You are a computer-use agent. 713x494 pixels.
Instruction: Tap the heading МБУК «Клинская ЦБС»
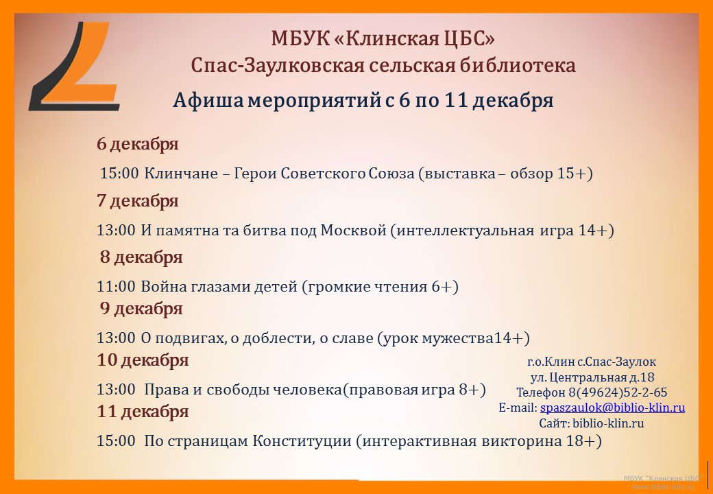pyautogui.click(x=383, y=38)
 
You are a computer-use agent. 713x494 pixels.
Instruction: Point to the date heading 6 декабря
pyautogui.click(x=137, y=144)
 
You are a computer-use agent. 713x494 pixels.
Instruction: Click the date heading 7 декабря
pyautogui.click(x=137, y=200)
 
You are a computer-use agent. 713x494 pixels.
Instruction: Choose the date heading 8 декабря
pyautogui.click(x=141, y=257)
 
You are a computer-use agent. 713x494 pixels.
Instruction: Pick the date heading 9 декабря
pyautogui.click(x=141, y=309)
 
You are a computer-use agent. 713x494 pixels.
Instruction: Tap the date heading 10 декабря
pyautogui.click(x=143, y=360)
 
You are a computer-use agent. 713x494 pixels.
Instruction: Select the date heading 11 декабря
pyautogui.click(x=143, y=412)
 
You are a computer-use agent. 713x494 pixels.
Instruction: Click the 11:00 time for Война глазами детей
pyautogui.click(x=116, y=287)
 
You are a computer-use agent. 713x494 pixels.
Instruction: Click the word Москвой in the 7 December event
pyautogui.click(x=353, y=231)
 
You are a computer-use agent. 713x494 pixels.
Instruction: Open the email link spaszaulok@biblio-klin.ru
pyautogui.click(x=612, y=408)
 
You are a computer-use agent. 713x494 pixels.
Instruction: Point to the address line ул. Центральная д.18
pyautogui.click(x=592, y=377)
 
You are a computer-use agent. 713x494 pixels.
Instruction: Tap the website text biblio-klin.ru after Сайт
pyautogui.click(x=608, y=423)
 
